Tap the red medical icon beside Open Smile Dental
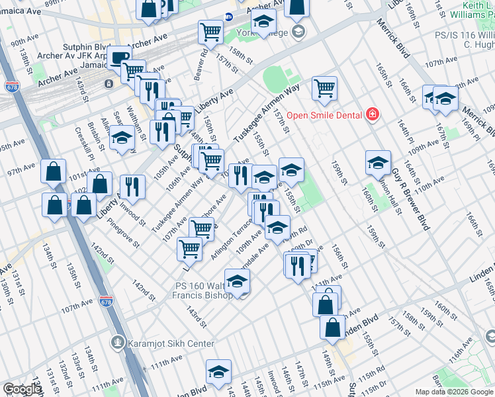point(373,115)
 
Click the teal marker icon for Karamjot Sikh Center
point(118,342)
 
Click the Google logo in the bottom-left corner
point(21,389)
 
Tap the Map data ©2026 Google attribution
point(454,392)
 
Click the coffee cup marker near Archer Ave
point(119,58)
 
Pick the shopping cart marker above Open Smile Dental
point(324,88)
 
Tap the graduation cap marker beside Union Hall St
point(378,162)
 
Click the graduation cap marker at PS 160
point(237,281)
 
